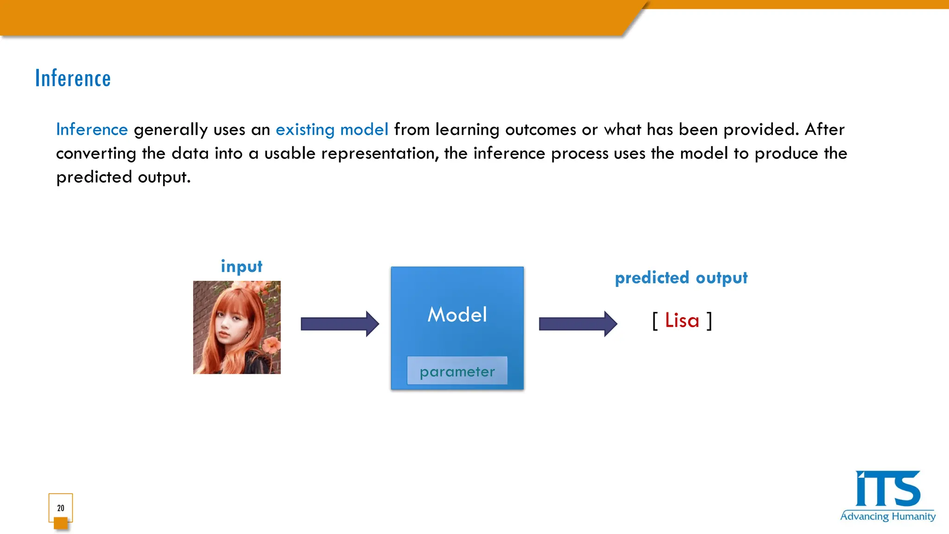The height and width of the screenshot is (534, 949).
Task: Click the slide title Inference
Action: click(x=73, y=78)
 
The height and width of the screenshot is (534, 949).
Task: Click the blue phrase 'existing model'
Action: click(x=332, y=129)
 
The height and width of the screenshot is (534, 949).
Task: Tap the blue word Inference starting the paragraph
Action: click(x=92, y=129)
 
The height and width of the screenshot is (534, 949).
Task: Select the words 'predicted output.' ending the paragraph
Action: click(x=123, y=177)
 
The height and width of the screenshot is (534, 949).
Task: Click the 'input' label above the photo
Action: click(x=241, y=267)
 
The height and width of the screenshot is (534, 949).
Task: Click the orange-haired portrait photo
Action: click(x=237, y=327)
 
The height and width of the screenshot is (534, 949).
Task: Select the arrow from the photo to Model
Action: click(x=340, y=324)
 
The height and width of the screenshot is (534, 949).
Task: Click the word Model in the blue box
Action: click(x=457, y=315)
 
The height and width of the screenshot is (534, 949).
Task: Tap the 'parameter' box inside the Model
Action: click(x=457, y=371)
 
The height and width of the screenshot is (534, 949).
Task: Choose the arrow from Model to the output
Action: click(x=578, y=324)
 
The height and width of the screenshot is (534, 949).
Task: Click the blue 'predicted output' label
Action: click(x=681, y=278)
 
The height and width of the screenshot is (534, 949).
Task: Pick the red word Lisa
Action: click(x=682, y=320)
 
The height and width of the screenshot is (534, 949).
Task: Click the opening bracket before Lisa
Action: click(x=655, y=321)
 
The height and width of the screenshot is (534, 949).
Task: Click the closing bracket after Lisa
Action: click(x=709, y=321)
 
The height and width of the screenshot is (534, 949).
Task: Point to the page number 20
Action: click(x=61, y=508)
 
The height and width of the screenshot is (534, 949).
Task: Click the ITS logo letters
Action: click(x=887, y=489)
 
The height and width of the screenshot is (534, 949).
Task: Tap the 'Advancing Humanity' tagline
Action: click(x=887, y=516)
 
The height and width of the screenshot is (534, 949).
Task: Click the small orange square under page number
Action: click(x=61, y=523)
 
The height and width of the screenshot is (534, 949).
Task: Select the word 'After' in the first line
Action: click(x=824, y=129)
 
